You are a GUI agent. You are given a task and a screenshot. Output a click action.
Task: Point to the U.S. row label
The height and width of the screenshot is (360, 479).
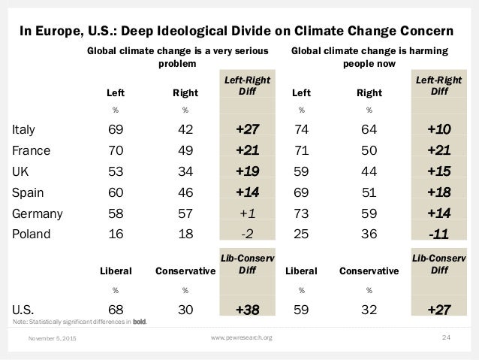26,308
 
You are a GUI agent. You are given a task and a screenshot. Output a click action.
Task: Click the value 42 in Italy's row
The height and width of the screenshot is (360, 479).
185,130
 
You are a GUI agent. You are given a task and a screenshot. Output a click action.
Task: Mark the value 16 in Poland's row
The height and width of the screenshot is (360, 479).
116,233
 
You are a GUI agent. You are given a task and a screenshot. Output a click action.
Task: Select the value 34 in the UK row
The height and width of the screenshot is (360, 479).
185,171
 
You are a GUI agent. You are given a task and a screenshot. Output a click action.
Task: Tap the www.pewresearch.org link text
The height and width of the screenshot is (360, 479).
239,337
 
